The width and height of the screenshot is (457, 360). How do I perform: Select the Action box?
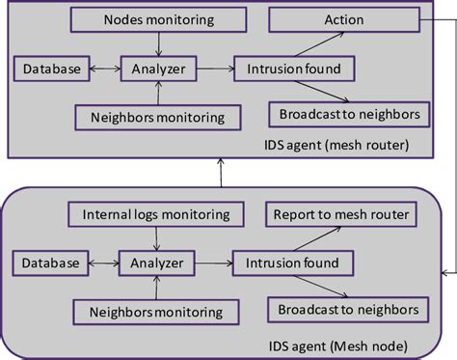point(343,18)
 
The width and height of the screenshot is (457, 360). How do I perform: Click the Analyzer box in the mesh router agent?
point(158,69)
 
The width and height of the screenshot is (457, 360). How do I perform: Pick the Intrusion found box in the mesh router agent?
point(295,69)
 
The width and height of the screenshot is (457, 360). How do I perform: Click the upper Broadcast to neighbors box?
point(349,115)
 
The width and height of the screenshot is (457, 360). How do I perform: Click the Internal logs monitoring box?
point(155,214)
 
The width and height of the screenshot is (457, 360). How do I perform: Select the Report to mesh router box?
point(340,214)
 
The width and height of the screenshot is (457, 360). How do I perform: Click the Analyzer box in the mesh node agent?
point(155,263)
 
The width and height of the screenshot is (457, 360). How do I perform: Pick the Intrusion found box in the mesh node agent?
point(293,263)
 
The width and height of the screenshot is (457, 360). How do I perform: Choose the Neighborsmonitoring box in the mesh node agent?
point(155,311)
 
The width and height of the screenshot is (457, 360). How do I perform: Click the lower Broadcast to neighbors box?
point(348,309)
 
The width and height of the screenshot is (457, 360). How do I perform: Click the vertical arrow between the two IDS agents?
point(221,172)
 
